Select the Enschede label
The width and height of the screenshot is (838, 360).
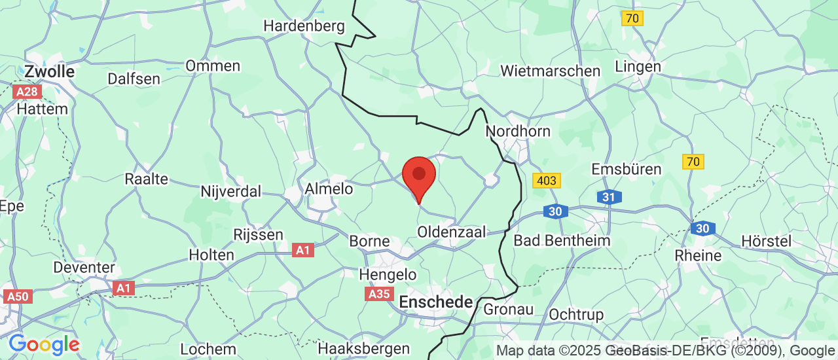tap(436, 302)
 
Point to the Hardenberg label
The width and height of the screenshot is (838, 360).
tap(304, 26)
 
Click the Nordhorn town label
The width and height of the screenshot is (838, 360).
tap(518, 131)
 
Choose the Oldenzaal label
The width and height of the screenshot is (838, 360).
tap(452, 232)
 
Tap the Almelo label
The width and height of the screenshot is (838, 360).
tap(329, 189)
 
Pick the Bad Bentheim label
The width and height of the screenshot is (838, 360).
tap(562, 240)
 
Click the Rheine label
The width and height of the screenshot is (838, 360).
tap(698, 255)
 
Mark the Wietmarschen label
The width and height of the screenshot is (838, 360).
tap(550, 71)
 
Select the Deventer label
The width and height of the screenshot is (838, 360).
tap(84, 268)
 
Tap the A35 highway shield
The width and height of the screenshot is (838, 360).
tap(380, 295)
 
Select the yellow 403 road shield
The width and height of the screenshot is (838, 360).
tap(547, 181)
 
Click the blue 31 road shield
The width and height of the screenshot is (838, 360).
tap(609, 197)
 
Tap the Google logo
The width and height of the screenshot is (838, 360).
tap(44, 344)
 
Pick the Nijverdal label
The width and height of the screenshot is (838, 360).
tap(231, 192)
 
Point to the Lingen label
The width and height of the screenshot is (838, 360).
tap(638, 67)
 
